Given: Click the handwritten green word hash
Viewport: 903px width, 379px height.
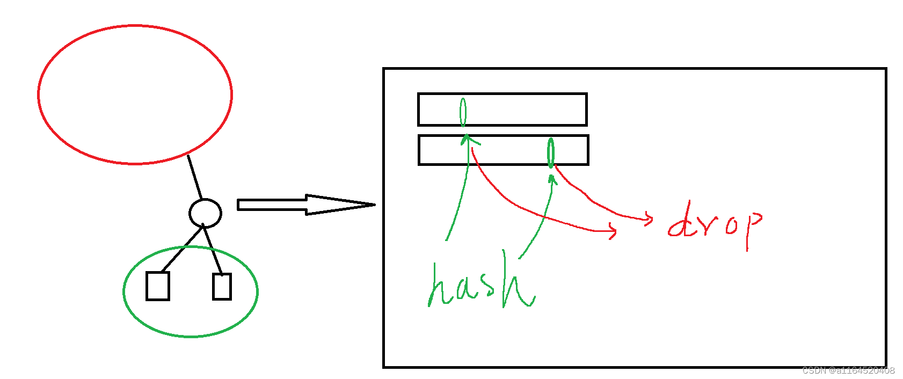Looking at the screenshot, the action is (x=480, y=285).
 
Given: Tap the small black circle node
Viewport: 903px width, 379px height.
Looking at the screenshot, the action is (x=205, y=213).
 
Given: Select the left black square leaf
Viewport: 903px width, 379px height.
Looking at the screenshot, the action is (x=158, y=286).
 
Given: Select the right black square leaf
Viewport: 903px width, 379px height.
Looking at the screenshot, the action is (x=222, y=286).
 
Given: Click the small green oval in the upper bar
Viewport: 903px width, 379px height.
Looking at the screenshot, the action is (x=463, y=112).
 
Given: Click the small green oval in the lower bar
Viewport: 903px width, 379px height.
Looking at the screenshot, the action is (x=550, y=152).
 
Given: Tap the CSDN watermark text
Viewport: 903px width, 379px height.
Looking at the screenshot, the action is (x=848, y=370).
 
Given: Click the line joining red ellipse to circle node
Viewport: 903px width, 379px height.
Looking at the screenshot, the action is (x=194, y=177).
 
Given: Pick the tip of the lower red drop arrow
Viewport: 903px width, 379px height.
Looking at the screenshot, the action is (x=615, y=231).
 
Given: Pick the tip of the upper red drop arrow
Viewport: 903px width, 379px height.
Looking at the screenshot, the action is (x=652, y=218).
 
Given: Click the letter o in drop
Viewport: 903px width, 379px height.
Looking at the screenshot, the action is (x=731, y=225).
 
